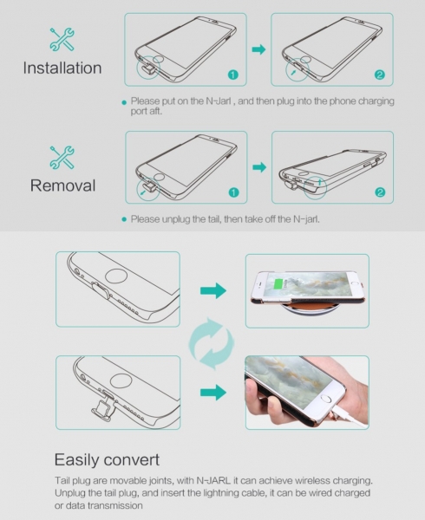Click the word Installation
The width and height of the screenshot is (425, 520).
(62, 68)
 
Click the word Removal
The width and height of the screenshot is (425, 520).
(62, 185)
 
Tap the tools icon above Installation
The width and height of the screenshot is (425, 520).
(62, 40)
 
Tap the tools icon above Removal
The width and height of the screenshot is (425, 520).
(62, 157)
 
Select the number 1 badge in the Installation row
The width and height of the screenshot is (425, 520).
(233, 75)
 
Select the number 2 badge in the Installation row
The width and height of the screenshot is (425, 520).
(380, 75)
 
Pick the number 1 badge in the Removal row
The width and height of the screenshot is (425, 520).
(234, 192)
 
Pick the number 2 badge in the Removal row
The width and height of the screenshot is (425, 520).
(380, 192)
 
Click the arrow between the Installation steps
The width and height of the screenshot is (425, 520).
(258, 49)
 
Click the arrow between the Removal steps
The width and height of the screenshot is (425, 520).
(259, 167)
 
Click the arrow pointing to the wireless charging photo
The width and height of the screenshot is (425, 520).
(213, 291)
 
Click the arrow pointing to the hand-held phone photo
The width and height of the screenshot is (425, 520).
(213, 393)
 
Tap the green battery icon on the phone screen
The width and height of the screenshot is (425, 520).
(278, 284)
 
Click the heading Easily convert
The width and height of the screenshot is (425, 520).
(107, 460)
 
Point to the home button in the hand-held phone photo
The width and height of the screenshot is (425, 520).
(326, 399)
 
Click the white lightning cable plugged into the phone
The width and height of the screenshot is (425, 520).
(350, 419)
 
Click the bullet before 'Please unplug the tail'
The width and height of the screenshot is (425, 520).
(124, 219)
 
